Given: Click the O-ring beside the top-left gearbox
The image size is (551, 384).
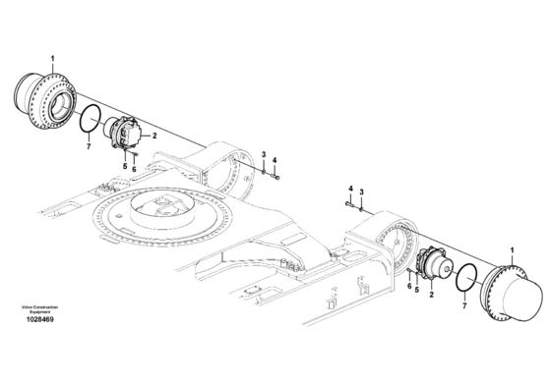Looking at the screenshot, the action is [x=91, y=120].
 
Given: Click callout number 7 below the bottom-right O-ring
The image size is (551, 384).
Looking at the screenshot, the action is [x=465, y=307].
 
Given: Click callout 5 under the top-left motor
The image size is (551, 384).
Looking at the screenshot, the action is [x=123, y=166].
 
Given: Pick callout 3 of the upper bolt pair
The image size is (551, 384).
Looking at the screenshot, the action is [x=263, y=155].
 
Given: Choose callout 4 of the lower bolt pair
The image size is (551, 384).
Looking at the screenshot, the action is [x=350, y=188].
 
